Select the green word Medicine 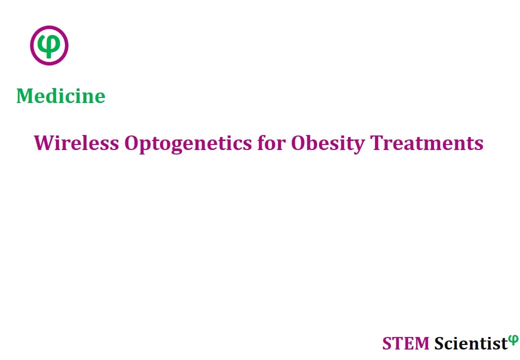click(x=61, y=96)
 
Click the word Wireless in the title click(x=76, y=143)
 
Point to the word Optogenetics click(x=188, y=144)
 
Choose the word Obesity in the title click(x=328, y=144)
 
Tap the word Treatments click(x=427, y=143)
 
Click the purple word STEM click(x=405, y=343)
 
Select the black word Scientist click(x=471, y=343)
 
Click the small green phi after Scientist click(x=513, y=340)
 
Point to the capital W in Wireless click(x=45, y=143)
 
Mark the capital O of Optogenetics click(x=131, y=143)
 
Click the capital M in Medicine click(x=25, y=96)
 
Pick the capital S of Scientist click(x=439, y=343)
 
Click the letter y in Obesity click(x=359, y=146)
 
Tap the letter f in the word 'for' click(x=262, y=142)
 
